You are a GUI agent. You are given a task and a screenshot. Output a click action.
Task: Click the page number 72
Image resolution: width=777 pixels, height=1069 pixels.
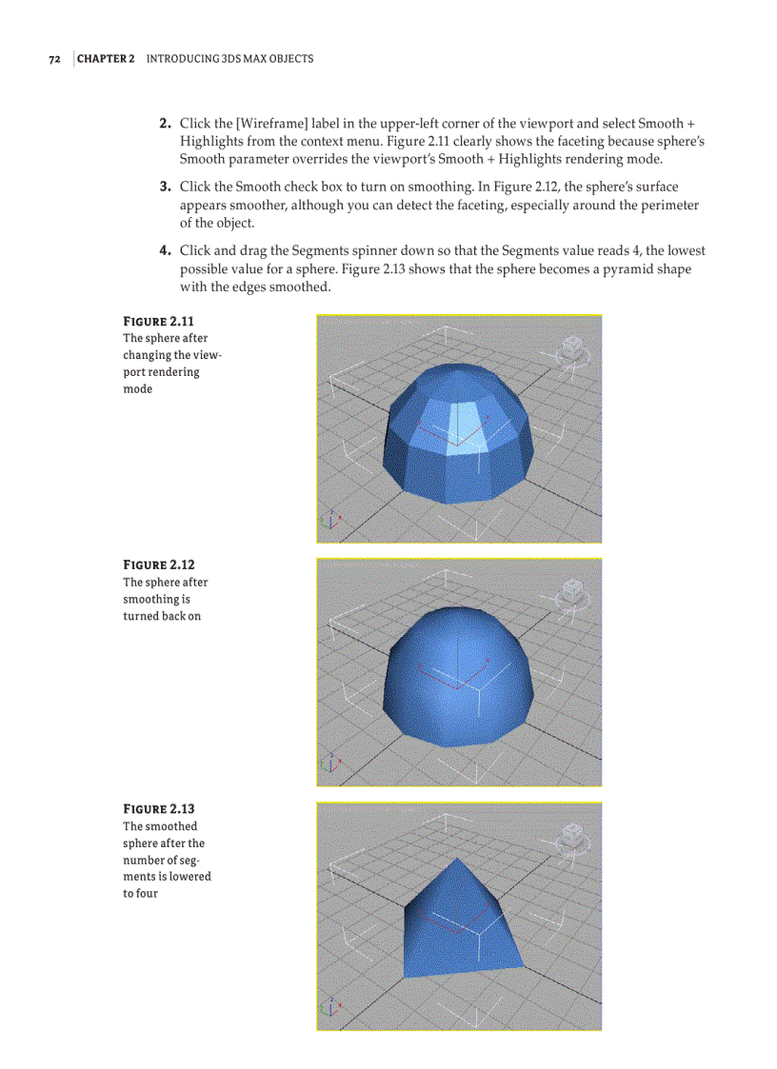(55, 59)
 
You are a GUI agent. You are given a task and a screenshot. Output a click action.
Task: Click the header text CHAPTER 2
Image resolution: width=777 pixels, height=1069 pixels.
(106, 59)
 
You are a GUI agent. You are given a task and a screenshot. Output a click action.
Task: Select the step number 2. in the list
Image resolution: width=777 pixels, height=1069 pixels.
(165, 124)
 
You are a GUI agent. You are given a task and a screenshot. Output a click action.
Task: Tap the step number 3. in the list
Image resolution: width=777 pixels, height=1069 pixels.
(165, 188)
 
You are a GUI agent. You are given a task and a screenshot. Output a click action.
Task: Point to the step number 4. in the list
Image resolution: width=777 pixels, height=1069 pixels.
(165, 251)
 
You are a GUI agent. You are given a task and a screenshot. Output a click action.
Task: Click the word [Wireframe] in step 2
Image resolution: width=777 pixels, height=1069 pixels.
(246, 124)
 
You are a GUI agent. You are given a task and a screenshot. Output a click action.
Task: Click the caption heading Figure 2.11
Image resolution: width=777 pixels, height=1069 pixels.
(159, 321)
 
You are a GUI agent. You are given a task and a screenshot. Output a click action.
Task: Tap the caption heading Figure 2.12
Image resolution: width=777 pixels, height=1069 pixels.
(159, 565)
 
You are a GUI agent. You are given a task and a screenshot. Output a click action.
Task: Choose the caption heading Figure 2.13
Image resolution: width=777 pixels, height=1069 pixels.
(159, 810)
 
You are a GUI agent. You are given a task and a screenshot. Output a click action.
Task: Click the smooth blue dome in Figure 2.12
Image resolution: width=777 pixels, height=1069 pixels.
(457, 676)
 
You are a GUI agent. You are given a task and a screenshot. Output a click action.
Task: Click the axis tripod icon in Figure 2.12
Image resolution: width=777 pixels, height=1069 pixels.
(330, 763)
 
